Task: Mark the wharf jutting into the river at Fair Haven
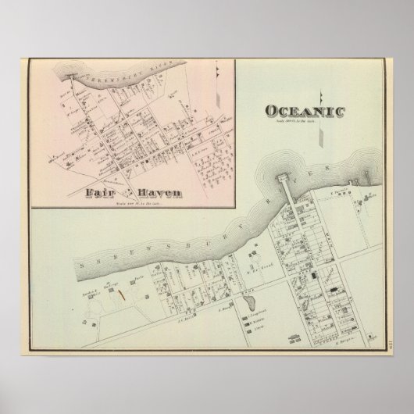click(x=71, y=76)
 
